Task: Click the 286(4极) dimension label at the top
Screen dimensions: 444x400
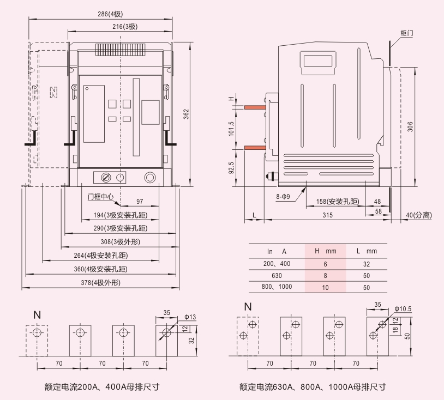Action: (x=110, y=14)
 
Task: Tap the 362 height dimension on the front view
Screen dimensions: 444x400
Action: (x=186, y=114)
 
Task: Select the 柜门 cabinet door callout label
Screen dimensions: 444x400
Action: (x=406, y=33)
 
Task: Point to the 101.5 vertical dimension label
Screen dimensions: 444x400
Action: (x=231, y=129)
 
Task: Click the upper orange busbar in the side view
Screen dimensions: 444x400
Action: (x=255, y=107)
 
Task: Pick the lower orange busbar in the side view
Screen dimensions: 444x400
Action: (x=255, y=148)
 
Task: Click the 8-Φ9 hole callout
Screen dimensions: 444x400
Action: (x=283, y=197)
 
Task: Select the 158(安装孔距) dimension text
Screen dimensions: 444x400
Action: (x=338, y=202)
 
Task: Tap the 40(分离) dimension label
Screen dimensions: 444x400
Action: (x=419, y=215)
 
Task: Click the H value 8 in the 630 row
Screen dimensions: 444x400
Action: (x=325, y=276)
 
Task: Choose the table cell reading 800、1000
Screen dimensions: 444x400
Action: (x=277, y=287)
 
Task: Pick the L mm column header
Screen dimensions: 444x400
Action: (x=367, y=251)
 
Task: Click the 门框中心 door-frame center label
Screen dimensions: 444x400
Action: (x=100, y=197)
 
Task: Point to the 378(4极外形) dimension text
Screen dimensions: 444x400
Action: (x=100, y=283)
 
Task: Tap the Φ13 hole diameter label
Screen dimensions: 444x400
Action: (x=190, y=317)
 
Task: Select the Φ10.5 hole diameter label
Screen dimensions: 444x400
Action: (x=403, y=308)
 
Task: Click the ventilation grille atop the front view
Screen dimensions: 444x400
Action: (x=121, y=50)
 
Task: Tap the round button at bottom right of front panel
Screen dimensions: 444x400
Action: (x=150, y=178)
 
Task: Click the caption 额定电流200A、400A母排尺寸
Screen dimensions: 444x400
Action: (x=102, y=387)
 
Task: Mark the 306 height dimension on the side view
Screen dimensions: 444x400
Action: (x=410, y=126)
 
